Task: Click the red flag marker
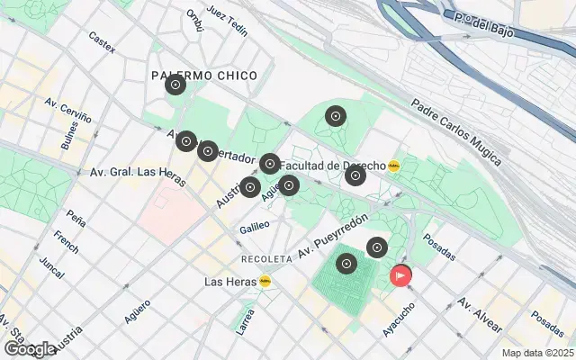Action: tap(400, 275)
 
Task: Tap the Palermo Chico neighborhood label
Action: tap(203, 76)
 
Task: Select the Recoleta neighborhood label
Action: tap(266, 258)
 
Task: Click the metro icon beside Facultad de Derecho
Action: tap(393, 166)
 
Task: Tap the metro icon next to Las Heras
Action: tap(265, 282)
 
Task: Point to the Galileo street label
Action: tap(255, 229)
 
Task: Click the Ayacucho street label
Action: tap(399, 319)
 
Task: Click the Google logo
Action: tap(29, 348)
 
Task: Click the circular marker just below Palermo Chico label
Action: tap(175, 85)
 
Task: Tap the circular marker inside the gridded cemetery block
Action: tap(346, 265)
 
